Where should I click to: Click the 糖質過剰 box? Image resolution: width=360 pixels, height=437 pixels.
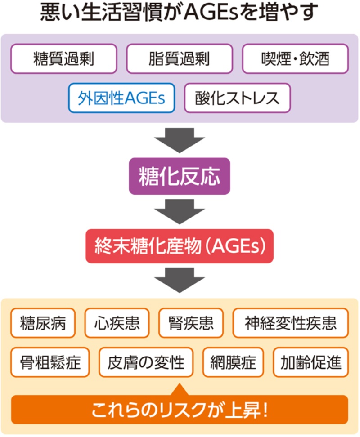(x=63, y=58)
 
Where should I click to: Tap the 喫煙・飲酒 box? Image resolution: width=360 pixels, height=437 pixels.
(x=295, y=58)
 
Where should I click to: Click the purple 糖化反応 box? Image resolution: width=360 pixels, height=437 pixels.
(x=180, y=176)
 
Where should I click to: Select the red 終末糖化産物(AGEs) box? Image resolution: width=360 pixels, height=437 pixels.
(x=180, y=246)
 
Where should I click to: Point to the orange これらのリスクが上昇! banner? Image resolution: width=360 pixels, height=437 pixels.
(x=180, y=410)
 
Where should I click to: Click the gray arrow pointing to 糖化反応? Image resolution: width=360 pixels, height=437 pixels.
(x=180, y=139)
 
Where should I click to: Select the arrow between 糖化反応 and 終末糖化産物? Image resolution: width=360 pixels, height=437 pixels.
(x=180, y=211)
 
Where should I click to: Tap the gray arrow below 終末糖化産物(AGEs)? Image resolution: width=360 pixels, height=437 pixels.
(x=180, y=280)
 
